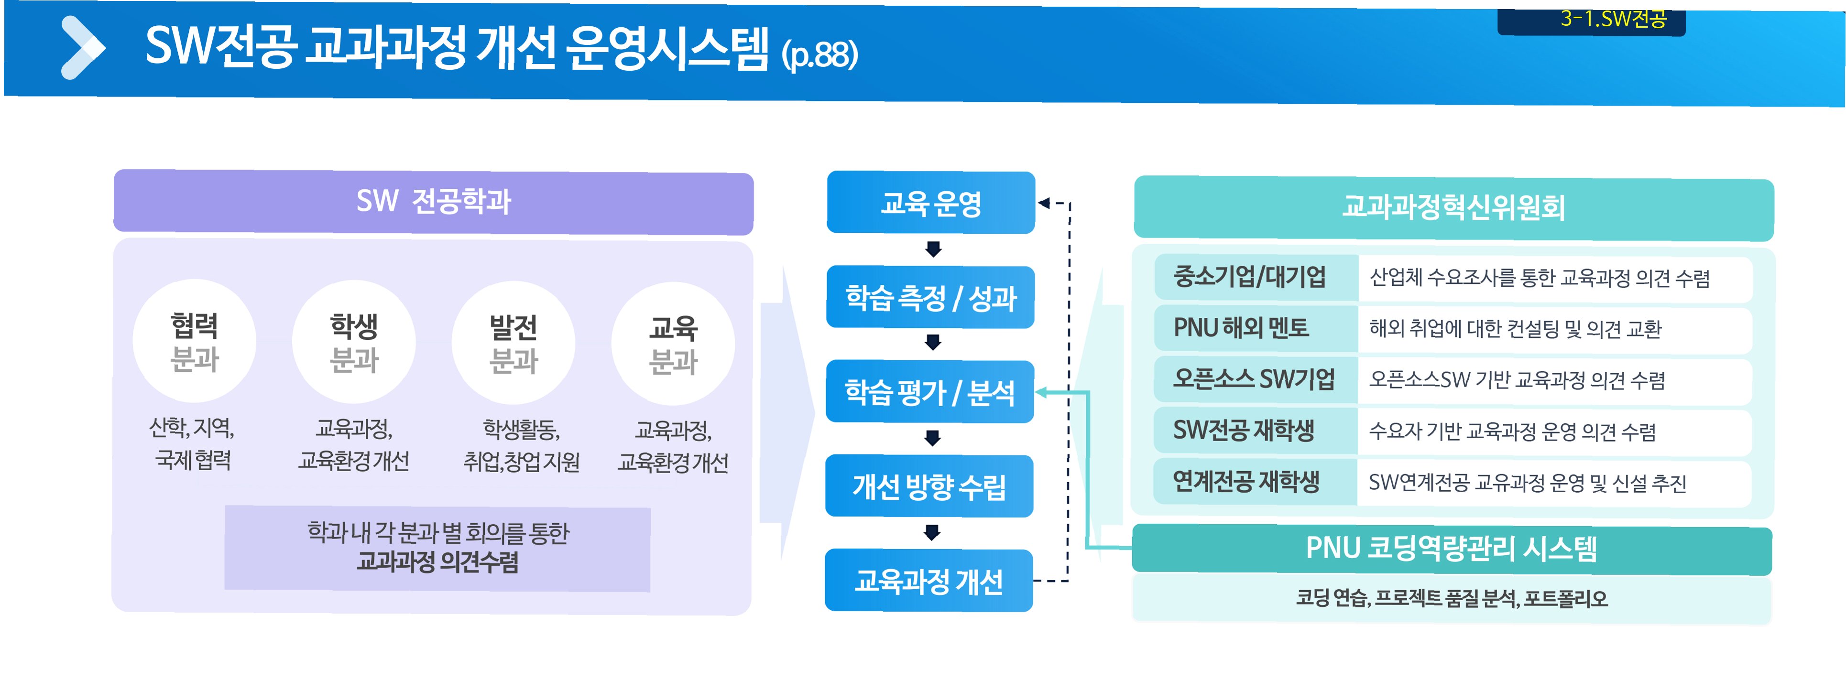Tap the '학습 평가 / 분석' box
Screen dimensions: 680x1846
pos(929,392)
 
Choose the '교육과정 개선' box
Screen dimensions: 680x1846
pos(928,581)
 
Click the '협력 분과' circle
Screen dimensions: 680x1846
pos(194,342)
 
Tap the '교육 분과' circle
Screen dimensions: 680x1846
pos(673,345)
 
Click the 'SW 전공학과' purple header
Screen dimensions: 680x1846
pos(434,201)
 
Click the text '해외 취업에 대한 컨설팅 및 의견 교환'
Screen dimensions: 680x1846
pos(1515,329)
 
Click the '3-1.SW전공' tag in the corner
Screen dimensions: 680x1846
pos(1613,19)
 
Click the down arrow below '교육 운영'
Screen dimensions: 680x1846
pos(933,248)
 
